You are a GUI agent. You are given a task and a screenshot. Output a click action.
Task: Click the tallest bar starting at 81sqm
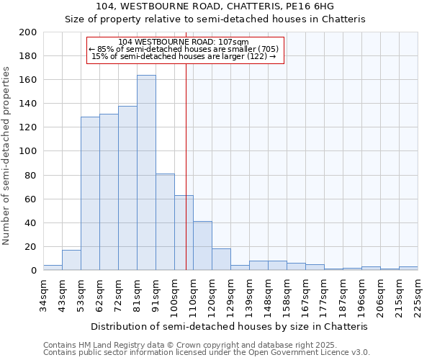pyautogui.click(x=146, y=173)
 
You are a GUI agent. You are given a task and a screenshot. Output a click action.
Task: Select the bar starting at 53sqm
pyautogui.click(x=90, y=194)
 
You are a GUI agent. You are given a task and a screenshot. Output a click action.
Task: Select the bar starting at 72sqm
pyautogui.click(x=127, y=188)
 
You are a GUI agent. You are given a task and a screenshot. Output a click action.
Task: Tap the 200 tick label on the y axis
pyautogui.click(x=28, y=32)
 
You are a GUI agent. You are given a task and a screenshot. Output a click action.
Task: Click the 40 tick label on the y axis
pyautogui.click(x=31, y=223)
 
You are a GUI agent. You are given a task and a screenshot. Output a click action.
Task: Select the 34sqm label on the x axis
pyautogui.click(x=43, y=293)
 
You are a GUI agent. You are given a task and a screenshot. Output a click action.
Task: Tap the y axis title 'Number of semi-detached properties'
pyautogui.click(x=6, y=156)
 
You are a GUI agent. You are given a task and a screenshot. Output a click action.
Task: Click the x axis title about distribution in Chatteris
pyautogui.click(x=230, y=326)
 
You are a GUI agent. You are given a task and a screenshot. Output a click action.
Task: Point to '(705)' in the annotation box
pyautogui.click(x=264, y=49)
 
